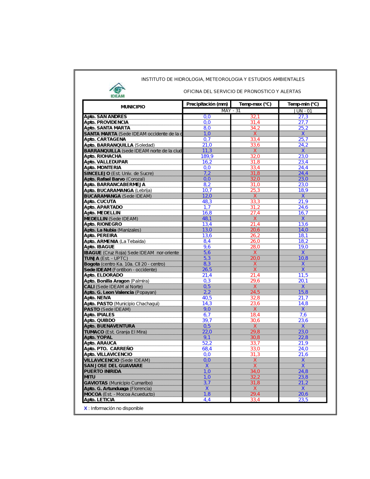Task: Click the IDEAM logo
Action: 117,90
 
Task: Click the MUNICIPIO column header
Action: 133,107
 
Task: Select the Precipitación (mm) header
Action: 207,104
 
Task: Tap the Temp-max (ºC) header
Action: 255,104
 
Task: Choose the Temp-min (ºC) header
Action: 303,104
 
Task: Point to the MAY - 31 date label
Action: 231,111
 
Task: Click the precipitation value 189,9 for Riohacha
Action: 207,156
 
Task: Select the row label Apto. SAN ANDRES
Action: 105,117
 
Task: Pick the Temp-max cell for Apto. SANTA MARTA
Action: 255,128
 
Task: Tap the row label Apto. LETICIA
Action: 99,400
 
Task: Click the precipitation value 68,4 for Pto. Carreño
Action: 207,349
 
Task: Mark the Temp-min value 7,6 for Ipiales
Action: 303,315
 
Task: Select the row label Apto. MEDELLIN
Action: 102,213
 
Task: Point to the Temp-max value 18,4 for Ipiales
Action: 255,315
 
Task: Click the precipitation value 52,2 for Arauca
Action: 207,343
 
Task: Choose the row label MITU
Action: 90,377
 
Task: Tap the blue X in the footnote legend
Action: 85,408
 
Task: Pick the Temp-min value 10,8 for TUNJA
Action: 303,258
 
